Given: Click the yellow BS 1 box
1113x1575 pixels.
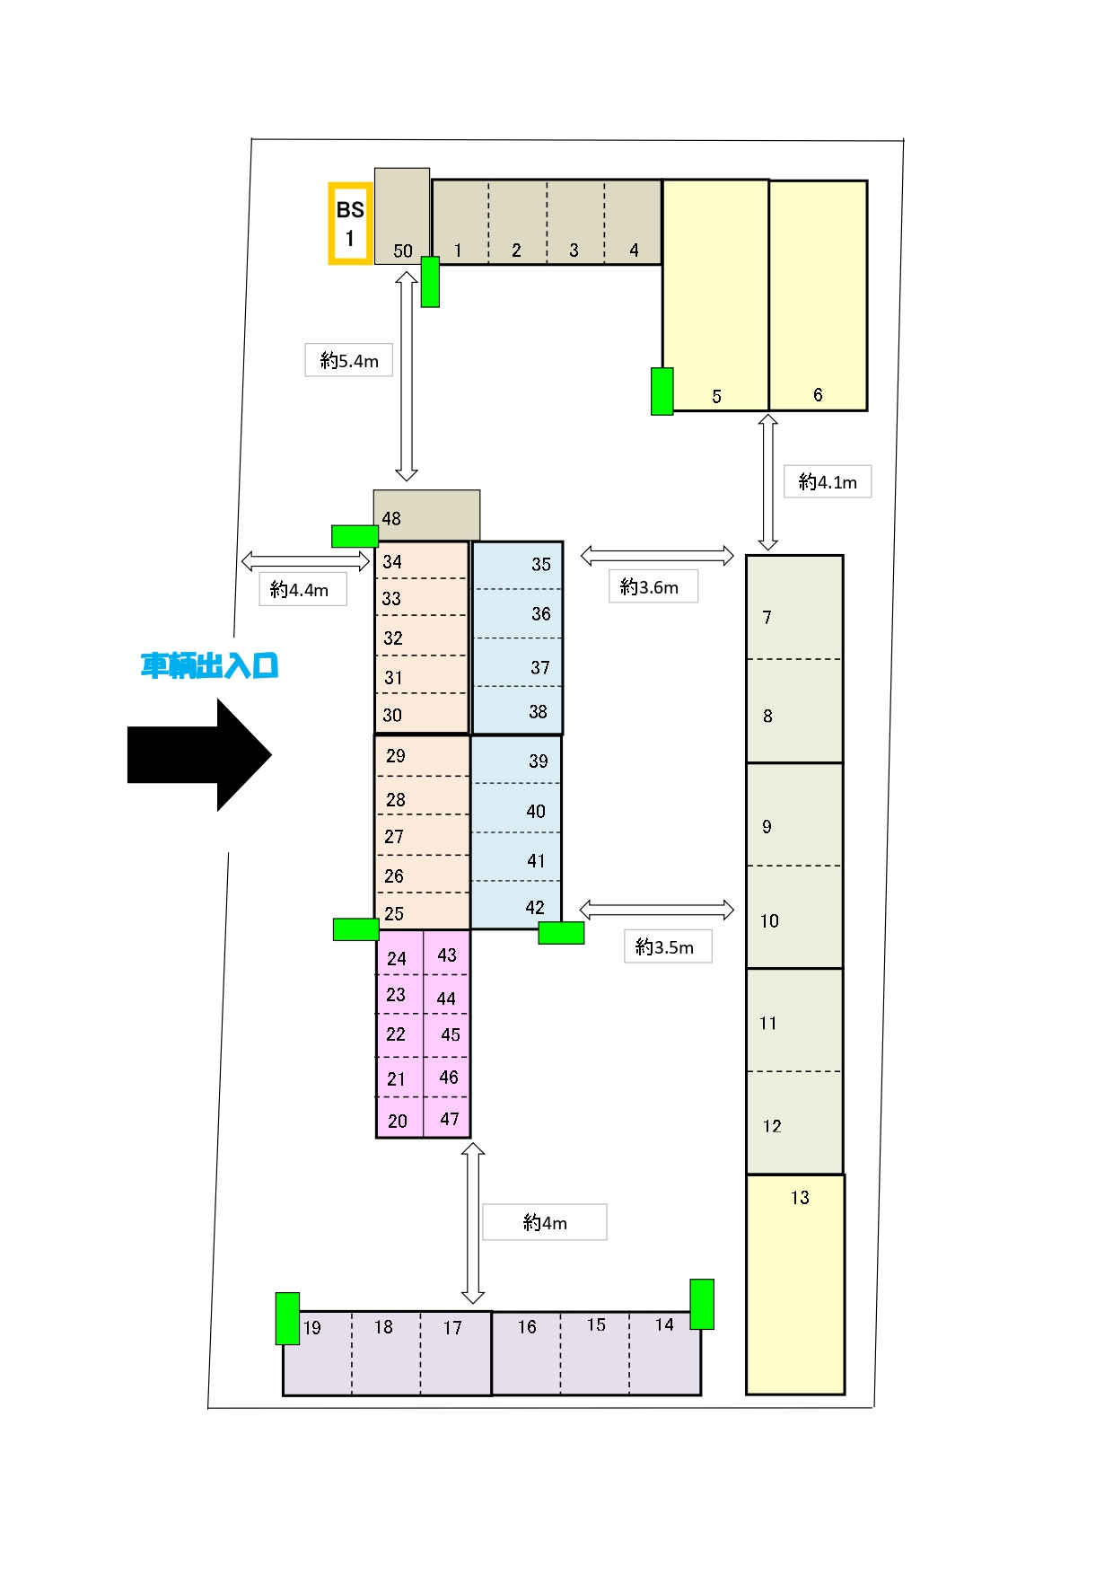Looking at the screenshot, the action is [350, 224].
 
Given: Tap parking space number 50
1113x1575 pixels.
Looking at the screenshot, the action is [402, 216].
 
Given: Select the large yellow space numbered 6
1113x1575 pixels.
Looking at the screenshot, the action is [818, 295].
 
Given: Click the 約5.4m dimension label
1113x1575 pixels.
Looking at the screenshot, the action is [349, 360].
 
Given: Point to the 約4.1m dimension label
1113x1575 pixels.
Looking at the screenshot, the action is [828, 481].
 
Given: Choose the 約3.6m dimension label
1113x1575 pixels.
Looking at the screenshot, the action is [653, 586].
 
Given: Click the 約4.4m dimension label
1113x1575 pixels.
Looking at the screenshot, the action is [302, 589].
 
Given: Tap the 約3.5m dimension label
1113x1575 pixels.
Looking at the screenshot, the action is [668, 946].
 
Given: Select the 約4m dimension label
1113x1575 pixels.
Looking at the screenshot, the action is [545, 1222].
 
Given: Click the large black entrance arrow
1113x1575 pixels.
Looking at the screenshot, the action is [199, 755].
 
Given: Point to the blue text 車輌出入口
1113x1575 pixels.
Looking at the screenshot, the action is [209, 665].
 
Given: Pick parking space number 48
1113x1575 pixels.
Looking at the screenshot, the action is [426, 515].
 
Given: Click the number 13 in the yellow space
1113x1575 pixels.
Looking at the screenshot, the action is [800, 1197].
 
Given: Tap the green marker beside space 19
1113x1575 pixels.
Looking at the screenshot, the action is [287, 1318].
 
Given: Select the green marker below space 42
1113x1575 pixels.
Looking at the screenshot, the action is [561, 933].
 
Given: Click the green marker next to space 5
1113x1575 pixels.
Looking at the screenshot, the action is [662, 392].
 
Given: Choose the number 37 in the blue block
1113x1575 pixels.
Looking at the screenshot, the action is [539, 667].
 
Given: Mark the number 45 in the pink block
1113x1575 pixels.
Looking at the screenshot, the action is [451, 1034].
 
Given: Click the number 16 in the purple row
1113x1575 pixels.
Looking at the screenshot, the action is [527, 1326].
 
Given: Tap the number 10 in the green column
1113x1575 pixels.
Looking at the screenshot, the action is [769, 920].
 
